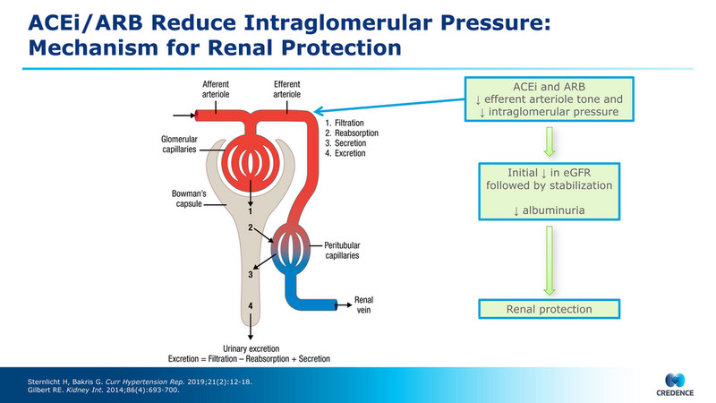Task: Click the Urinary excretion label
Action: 251,347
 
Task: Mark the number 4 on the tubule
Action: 251,306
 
